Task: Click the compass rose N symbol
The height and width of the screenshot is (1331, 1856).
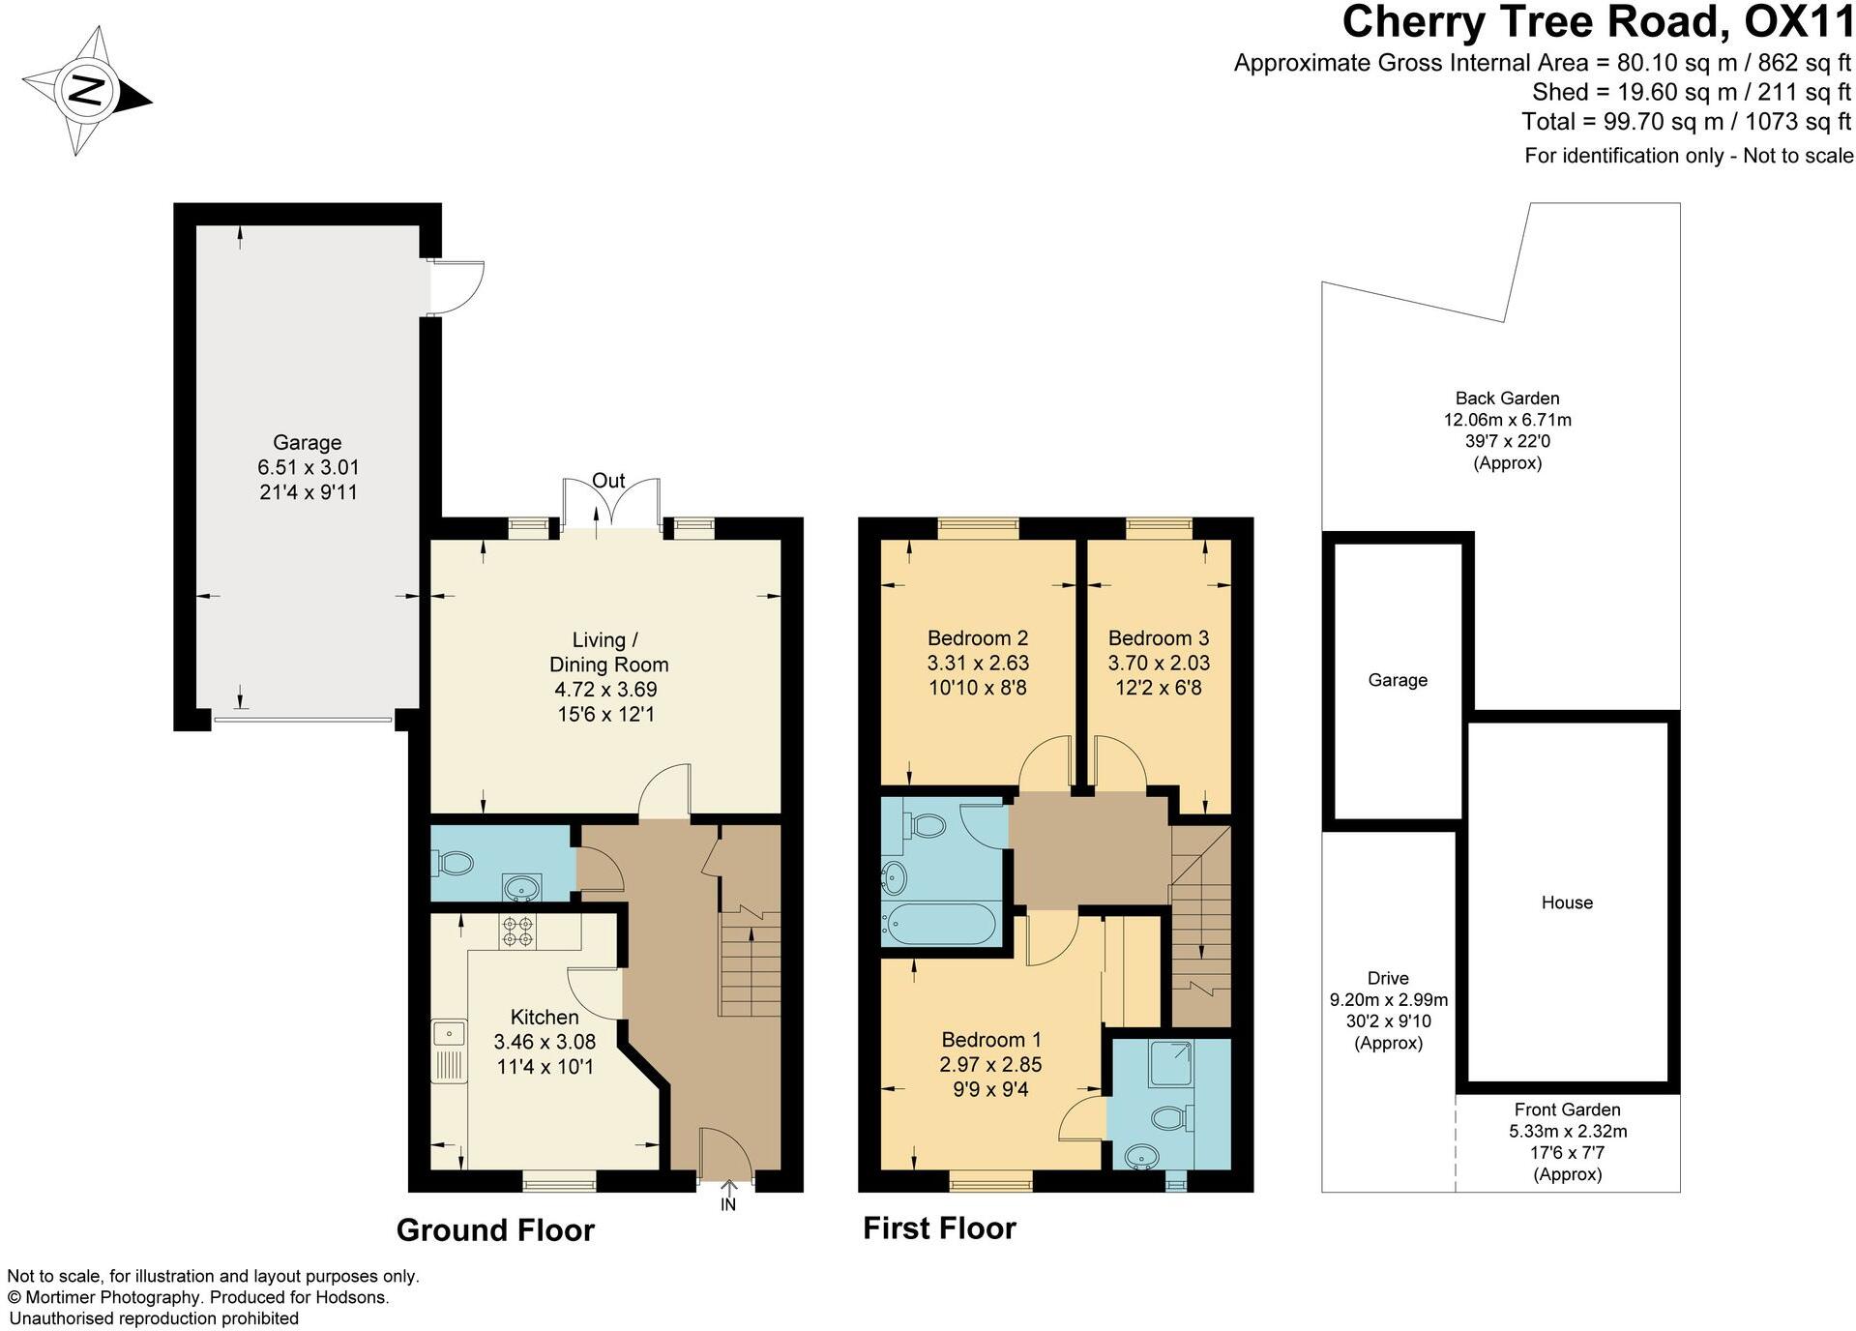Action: pos(88,92)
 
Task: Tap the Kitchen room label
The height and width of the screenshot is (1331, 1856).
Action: pos(545,1017)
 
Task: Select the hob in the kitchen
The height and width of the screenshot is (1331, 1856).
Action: pos(517,931)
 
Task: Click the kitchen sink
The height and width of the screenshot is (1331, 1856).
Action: pos(449,1034)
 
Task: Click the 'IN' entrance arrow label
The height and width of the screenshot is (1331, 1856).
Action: pos(727,1205)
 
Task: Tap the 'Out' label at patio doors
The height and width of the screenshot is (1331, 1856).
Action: pos(608,481)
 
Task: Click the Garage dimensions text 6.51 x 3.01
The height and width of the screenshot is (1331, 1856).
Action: pos(308,467)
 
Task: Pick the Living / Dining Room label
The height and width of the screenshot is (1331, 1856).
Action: pos(607,652)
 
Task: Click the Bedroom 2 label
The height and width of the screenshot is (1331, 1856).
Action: pos(977,638)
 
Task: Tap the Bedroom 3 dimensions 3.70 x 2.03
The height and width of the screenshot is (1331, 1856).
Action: pos(1158,664)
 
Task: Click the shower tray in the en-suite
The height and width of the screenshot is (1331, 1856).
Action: pos(1170,1062)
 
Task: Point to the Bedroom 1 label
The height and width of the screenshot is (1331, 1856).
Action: pos(990,1040)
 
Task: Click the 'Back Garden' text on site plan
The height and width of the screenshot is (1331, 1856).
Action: pos(1507,398)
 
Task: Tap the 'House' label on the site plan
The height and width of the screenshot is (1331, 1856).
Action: pos(1567,902)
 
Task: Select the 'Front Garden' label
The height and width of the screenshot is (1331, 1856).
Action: pos(1567,1109)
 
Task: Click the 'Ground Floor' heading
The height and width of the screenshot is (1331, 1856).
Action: pos(495,1230)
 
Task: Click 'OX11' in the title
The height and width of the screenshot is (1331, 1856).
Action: pos(1798,21)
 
